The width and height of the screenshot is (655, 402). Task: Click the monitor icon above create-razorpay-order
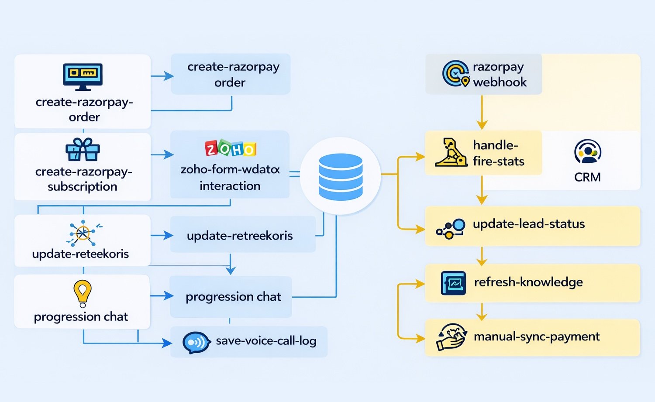click(x=83, y=76)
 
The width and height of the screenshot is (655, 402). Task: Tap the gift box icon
click(x=83, y=150)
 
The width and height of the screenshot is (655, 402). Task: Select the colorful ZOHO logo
click(x=230, y=149)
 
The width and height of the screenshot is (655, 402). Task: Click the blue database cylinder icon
click(x=341, y=176)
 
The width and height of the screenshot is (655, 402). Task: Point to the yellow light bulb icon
click(x=83, y=293)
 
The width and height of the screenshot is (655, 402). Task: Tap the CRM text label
click(x=587, y=177)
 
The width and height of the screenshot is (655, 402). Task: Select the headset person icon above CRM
click(x=588, y=151)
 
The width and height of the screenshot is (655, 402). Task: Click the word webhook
click(x=500, y=82)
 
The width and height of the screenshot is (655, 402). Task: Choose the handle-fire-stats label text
click(x=498, y=153)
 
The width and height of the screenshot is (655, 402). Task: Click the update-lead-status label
click(x=528, y=224)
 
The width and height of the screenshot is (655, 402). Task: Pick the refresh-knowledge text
click(x=528, y=282)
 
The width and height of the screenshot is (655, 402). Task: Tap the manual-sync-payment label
click(x=537, y=337)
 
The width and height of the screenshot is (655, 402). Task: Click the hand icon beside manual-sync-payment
click(x=451, y=337)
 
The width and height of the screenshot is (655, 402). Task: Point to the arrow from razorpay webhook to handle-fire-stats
click(x=482, y=113)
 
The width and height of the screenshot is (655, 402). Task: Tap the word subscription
click(x=83, y=187)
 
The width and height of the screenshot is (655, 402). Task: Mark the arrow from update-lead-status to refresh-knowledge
click(x=482, y=257)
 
